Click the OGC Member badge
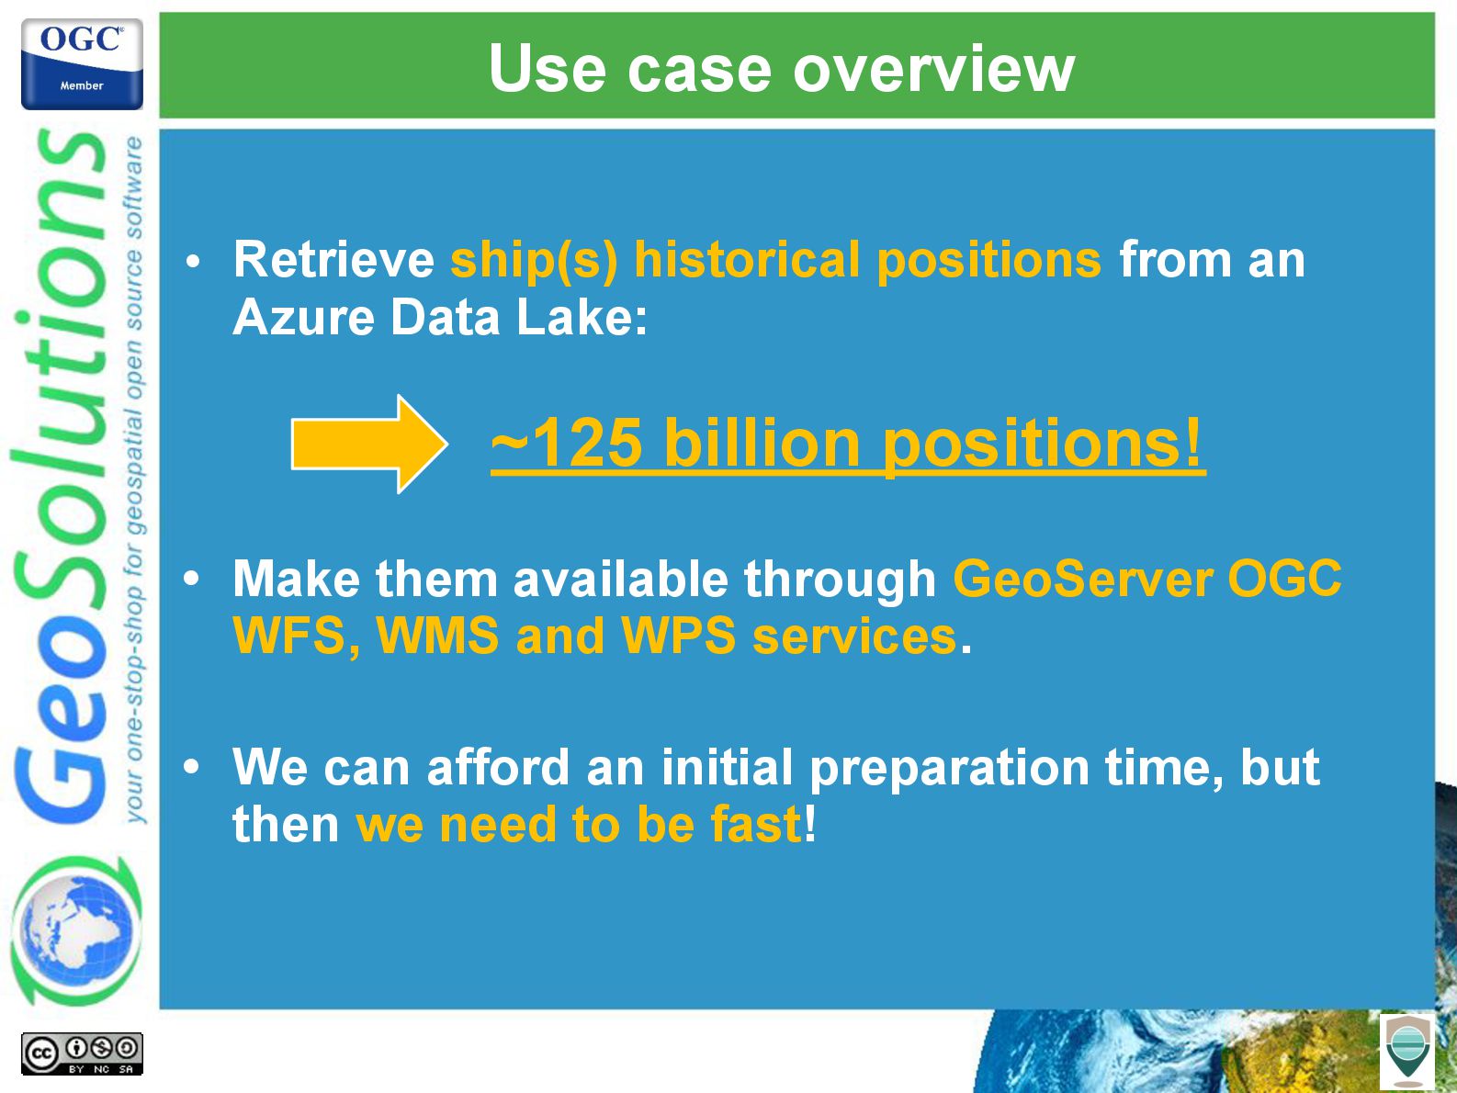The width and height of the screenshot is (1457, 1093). coord(82,63)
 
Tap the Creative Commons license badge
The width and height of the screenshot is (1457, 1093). coord(82,1054)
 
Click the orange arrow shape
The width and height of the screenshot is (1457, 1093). coord(369,444)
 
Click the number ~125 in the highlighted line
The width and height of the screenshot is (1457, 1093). coord(566,443)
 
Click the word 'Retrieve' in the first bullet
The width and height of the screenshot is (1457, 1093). coord(333,259)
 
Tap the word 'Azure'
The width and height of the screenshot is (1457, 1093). coord(302,317)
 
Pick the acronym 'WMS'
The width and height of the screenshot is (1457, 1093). coord(437,636)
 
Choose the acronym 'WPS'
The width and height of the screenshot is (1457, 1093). coord(678,636)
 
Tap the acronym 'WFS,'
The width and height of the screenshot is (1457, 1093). coord(298,637)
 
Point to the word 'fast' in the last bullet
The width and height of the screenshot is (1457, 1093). coord(755,825)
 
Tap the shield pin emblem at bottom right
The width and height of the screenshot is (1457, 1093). coord(1407,1051)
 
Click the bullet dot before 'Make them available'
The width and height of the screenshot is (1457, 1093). coord(191,578)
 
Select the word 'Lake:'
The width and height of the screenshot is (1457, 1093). coord(582,317)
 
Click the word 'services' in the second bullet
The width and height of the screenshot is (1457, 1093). coord(854,637)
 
